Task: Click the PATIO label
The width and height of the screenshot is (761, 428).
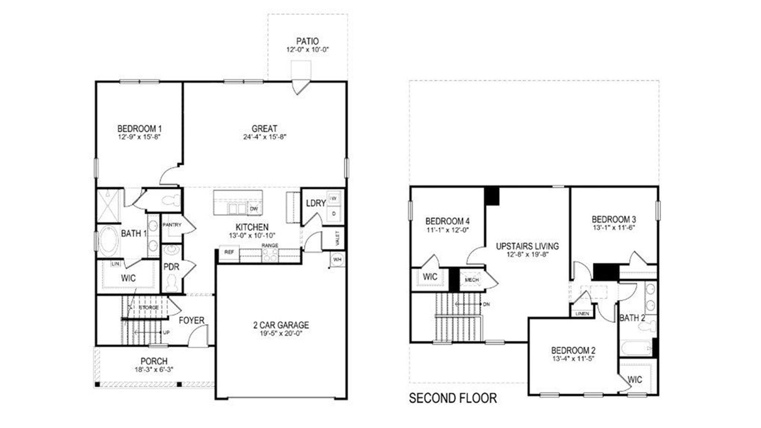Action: click(307, 41)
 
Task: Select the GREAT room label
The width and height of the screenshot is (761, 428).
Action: click(264, 129)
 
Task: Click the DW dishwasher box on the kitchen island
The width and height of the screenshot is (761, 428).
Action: click(254, 209)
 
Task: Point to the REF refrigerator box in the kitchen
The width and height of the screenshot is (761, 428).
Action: click(229, 253)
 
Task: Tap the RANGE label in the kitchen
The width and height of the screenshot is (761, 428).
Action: click(270, 245)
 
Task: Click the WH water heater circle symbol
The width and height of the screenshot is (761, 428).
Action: click(337, 260)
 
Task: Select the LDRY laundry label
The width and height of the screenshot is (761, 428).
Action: click(316, 203)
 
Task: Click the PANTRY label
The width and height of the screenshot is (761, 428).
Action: click(172, 225)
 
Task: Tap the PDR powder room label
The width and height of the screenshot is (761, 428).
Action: click(171, 267)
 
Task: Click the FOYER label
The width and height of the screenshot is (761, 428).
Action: click(191, 320)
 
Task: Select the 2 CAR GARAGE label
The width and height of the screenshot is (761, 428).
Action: click(281, 325)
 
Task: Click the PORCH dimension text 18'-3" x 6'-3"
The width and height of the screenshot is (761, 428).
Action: click(154, 369)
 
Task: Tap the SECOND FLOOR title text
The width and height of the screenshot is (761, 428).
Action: click(453, 398)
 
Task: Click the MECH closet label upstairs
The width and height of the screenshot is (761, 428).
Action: click(472, 280)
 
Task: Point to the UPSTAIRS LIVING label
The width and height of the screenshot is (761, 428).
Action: click(527, 246)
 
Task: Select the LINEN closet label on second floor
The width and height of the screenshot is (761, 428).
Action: click(582, 313)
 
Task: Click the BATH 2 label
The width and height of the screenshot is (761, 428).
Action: click(632, 318)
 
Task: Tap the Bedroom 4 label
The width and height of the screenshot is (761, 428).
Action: click(447, 221)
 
